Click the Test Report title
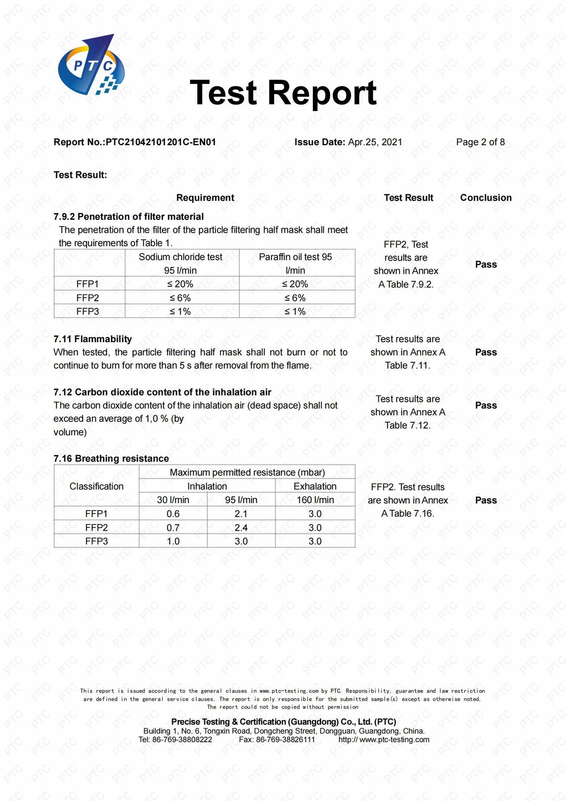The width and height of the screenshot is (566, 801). pos(283,92)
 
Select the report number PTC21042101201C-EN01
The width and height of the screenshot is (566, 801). pos(161,142)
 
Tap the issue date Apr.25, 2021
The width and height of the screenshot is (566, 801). pos(375,142)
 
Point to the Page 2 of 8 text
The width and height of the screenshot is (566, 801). pos(480,142)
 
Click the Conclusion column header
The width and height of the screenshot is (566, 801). pos(486,198)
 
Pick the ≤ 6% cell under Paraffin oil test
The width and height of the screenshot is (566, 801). pos(295,298)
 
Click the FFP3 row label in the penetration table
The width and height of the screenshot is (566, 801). pos(88,312)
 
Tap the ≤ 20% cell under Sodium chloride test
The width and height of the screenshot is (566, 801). pos(180,284)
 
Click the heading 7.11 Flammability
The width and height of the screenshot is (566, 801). pos(93,339)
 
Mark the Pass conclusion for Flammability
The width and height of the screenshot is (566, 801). pos(486,353)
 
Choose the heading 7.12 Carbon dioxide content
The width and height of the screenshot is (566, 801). pos(162,392)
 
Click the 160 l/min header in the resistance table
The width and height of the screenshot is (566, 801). pos(315,500)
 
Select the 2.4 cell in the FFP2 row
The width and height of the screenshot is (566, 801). pos(241,528)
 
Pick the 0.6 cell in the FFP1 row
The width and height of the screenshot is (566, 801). pos(173,514)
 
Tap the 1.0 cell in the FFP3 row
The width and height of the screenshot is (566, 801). pos(173,542)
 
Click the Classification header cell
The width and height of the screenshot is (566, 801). pos(96,486)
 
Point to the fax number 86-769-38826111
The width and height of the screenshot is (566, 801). pos(285,740)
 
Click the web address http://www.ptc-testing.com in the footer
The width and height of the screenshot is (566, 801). pos(384,740)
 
